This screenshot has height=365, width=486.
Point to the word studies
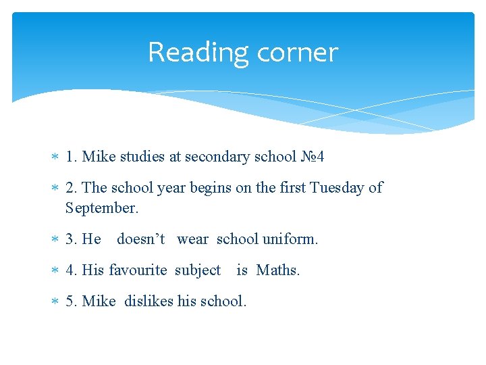tap(142, 157)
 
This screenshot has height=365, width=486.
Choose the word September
tap(101, 208)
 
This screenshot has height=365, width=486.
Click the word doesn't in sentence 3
tap(141, 239)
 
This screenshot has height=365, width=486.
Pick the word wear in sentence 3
tap(193, 239)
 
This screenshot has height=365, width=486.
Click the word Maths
tap(278, 270)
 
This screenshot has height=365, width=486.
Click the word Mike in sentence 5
tap(99, 301)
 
